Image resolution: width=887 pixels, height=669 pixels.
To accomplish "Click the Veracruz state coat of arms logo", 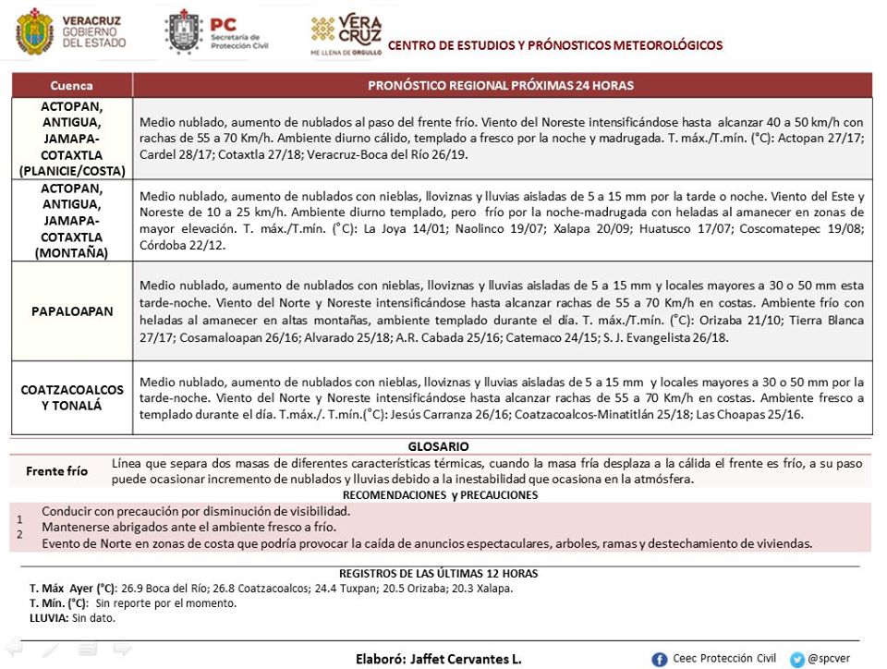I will coord(34,32).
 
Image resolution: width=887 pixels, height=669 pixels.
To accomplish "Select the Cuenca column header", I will coord(71,85).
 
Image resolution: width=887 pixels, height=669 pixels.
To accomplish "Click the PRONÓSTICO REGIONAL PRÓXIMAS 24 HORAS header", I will coord(501,85).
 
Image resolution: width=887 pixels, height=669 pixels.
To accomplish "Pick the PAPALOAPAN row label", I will coord(71,311).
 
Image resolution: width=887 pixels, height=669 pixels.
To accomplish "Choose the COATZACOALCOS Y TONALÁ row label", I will coord(71,397).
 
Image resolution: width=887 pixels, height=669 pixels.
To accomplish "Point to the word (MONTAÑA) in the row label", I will coord(71,252).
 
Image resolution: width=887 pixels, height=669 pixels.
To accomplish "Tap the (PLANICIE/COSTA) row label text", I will coord(71,171).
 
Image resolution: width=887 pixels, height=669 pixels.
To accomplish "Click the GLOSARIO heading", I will coord(438,445).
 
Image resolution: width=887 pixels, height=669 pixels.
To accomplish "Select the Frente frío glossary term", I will coord(57,470).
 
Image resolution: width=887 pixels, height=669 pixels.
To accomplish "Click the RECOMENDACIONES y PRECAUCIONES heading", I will coord(446,494).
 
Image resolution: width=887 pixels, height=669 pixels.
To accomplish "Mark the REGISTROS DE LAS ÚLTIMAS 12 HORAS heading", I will coord(438,573).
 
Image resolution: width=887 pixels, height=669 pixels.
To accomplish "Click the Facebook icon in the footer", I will coord(660,659).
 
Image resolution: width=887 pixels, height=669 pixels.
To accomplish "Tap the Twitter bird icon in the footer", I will coord(796,659).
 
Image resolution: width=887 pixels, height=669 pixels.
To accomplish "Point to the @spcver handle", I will coord(829,659).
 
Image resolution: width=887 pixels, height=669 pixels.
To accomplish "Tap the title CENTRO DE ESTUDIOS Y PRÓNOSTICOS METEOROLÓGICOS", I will coord(555,45).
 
